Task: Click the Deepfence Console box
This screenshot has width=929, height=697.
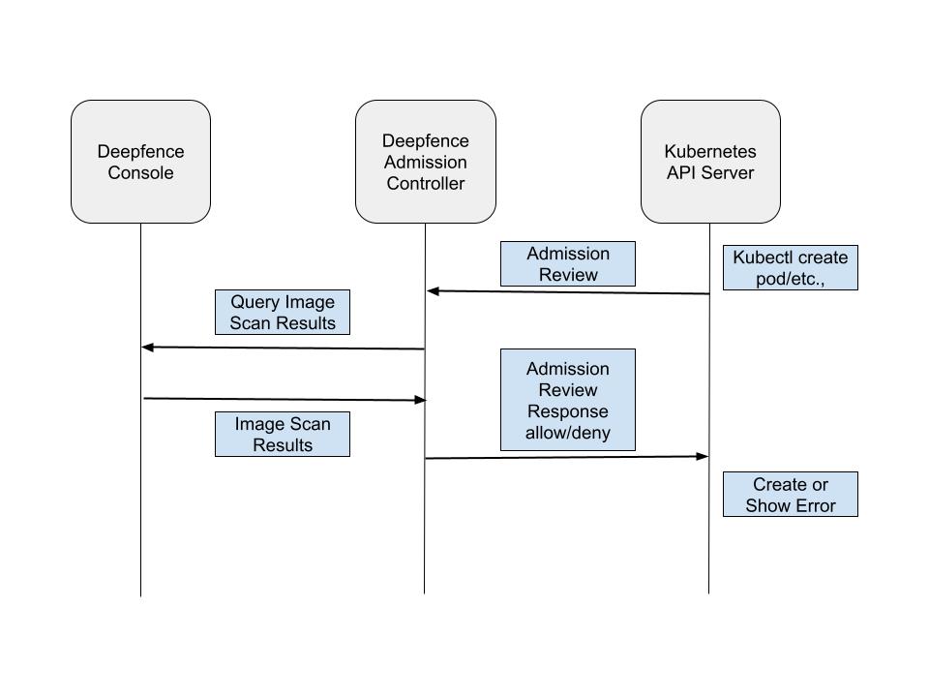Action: [140, 162]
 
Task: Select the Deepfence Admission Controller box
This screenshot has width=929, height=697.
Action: [425, 162]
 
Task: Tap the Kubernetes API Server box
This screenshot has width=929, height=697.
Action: [710, 162]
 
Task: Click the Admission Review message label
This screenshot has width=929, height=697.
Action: [567, 264]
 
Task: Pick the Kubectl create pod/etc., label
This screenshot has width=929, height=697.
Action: [790, 268]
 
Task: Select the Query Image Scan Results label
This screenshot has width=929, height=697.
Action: [282, 313]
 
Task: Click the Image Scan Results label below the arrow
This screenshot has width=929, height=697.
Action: [282, 435]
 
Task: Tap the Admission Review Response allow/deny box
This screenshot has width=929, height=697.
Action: [567, 400]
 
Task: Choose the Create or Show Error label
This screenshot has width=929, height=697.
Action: [790, 495]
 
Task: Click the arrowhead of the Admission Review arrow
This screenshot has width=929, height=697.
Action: [433, 290]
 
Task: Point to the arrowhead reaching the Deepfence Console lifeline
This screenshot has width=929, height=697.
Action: [147, 347]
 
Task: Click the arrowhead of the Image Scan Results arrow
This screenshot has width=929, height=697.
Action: [420, 400]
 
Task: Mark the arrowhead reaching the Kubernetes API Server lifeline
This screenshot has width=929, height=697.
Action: [704, 456]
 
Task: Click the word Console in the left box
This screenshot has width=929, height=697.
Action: [140, 173]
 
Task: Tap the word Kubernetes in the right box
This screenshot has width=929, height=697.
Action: [710, 152]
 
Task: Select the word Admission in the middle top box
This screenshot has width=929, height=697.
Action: [425, 163]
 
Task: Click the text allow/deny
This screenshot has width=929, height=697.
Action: [567, 433]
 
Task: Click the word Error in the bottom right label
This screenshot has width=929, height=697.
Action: [814, 505]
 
